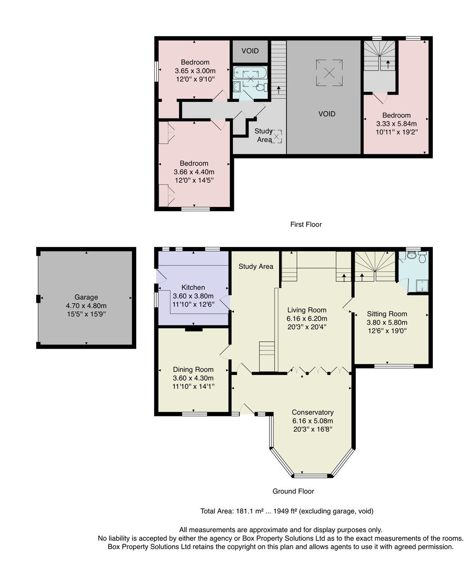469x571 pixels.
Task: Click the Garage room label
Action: click(x=86, y=297)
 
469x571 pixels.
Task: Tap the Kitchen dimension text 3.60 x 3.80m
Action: click(x=193, y=296)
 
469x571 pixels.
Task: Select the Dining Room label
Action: click(x=193, y=370)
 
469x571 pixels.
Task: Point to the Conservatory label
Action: click(x=312, y=413)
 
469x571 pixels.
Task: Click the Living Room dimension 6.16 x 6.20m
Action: click(x=307, y=318)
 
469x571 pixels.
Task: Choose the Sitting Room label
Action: click(x=387, y=314)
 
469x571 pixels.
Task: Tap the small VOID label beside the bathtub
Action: click(x=250, y=51)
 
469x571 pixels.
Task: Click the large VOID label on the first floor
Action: click(x=327, y=114)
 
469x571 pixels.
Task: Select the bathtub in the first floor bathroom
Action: click(x=250, y=72)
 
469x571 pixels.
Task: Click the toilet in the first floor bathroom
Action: click(x=261, y=88)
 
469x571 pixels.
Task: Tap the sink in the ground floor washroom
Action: click(x=411, y=255)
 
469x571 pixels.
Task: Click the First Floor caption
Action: click(x=306, y=225)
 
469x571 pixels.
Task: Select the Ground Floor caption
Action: click(x=293, y=491)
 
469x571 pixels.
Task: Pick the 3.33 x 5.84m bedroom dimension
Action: click(x=396, y=124)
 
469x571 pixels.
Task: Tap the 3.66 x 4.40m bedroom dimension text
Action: click(x=194, y=172)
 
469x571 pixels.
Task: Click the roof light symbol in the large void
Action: click(x=329, y=73)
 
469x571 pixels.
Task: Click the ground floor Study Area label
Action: click(x=256, y=266)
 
